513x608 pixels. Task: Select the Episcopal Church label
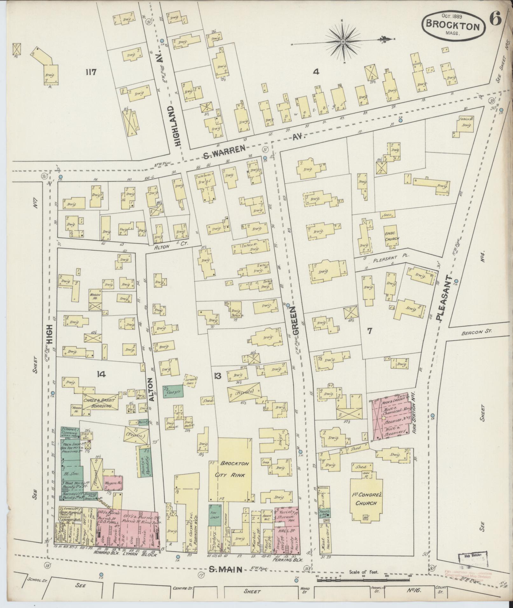392,236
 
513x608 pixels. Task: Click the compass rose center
343,42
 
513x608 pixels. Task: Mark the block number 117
90,72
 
